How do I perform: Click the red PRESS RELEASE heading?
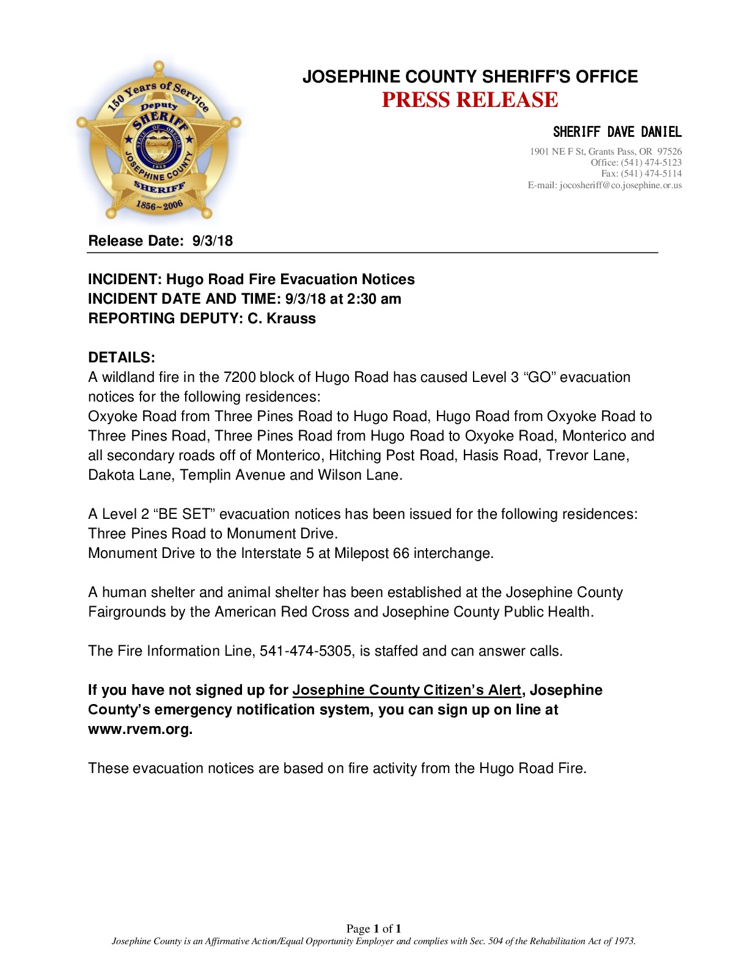(469, 100)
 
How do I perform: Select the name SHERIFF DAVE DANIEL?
(617, 132)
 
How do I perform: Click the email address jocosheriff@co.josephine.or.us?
(620, 185)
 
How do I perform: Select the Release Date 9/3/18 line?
(160, 241)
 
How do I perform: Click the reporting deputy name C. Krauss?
(282, 318)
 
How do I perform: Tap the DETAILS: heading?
(122, 358)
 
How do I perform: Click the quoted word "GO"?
(540, 377)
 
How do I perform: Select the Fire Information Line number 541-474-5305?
(306, 651)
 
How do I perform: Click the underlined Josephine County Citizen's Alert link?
(406, 690)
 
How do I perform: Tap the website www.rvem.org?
(140, 729)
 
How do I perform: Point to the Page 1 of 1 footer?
(373, 928)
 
